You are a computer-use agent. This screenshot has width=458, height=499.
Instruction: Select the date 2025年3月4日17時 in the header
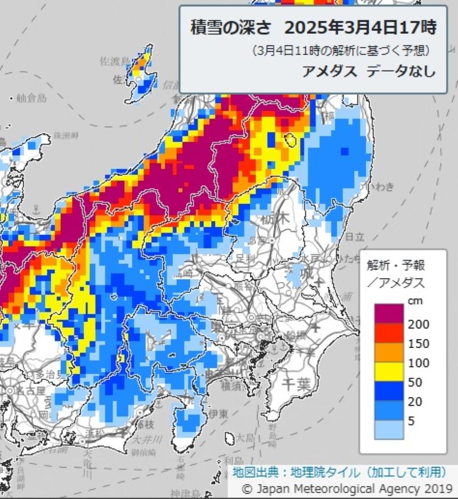(360, 26)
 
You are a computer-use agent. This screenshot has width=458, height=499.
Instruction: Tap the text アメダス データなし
(369, 71)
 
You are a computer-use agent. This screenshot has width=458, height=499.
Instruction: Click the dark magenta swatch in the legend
(389, 314)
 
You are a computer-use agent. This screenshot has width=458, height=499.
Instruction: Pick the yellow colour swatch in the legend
(389, 372)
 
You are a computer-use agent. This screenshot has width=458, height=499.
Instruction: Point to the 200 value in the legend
(418, 324)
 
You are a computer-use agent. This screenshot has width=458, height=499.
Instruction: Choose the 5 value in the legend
(412, 421)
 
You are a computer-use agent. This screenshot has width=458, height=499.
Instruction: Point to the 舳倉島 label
(31, 97)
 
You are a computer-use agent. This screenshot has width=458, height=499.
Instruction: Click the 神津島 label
(184, 494)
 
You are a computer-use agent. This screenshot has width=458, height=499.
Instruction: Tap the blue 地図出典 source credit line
(339, 472)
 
